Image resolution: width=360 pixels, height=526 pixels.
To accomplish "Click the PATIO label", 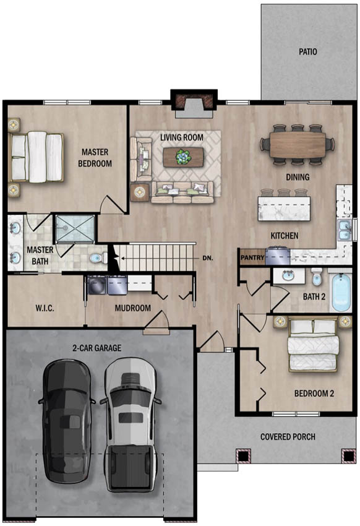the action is [307, 51].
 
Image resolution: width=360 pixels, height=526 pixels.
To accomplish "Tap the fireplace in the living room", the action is [194, 104].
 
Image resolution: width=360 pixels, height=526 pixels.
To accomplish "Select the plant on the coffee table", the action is [183, 157].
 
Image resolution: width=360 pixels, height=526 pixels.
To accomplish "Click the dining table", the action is [298, 144].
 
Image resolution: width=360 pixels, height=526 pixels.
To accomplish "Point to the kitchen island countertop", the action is [285, 209].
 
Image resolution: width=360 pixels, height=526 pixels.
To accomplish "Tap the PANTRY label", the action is [252, 257].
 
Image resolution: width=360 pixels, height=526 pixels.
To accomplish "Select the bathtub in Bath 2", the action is [341, 292].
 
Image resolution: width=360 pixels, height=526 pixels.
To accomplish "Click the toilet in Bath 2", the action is [316, 276].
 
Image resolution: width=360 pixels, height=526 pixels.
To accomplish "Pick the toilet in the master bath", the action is [98, 257].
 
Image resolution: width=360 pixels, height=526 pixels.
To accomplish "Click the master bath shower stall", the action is [75, 228].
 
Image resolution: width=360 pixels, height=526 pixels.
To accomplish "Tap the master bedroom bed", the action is [36, 157].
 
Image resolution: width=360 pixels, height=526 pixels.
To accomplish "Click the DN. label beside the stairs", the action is [208, 258].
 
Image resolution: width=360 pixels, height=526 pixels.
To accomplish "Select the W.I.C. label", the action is [45, 308].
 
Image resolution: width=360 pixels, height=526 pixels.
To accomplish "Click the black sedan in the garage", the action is [67, 421].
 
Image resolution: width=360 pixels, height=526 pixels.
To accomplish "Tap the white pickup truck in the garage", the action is [131, 424].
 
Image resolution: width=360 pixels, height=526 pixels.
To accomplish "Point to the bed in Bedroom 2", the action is [313, 345].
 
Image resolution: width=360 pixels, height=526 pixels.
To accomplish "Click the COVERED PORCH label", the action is [288, 437].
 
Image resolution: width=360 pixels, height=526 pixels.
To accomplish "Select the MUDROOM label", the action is [133, 308].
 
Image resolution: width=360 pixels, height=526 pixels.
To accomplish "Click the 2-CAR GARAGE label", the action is [97, 348].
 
